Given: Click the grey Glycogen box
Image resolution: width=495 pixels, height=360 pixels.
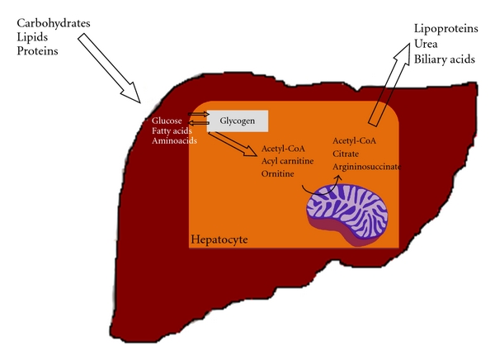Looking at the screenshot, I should (x=238, y=121).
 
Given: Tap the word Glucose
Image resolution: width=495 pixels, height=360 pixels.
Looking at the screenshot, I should (x=167, y=121).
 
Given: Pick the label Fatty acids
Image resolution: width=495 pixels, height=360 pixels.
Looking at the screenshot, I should (x=172, y=130).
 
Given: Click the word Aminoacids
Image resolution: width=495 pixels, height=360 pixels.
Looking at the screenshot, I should (x=172, y=141).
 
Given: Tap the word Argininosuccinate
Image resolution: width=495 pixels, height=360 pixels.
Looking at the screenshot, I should (x=367, y=167).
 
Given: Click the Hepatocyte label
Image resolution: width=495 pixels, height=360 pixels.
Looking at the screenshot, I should (x=219, y=239).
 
